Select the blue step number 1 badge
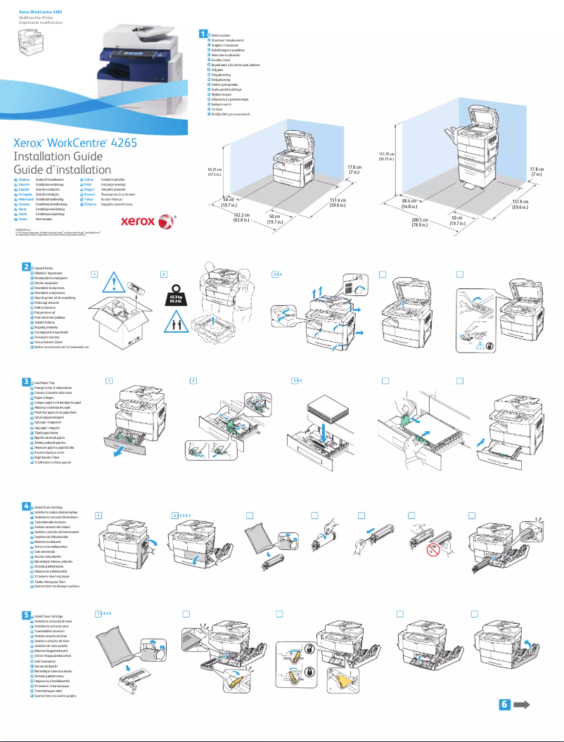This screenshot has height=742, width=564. coord(203,34)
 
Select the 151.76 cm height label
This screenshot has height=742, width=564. coord(385,156)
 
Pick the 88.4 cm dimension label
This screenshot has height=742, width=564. coord(411,204)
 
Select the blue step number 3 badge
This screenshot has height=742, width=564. coord(25,381)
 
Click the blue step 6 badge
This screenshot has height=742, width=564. coord(504,705)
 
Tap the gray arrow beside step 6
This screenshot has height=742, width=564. coord(522,705)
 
